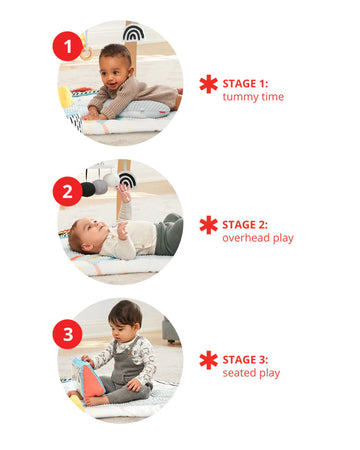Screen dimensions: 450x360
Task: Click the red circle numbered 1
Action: coord(68,46)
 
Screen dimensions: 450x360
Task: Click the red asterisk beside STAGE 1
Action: coord(208,84)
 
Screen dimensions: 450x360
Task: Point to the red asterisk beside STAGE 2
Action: coord(208,225)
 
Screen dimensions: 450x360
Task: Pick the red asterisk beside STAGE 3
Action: coord(208,360)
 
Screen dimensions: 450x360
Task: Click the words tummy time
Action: coord(253,97)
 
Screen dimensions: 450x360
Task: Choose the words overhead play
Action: coord(258,238)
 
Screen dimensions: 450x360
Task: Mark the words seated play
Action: coord(251,374)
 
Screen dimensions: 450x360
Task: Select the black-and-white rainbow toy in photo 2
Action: coord(126,180)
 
